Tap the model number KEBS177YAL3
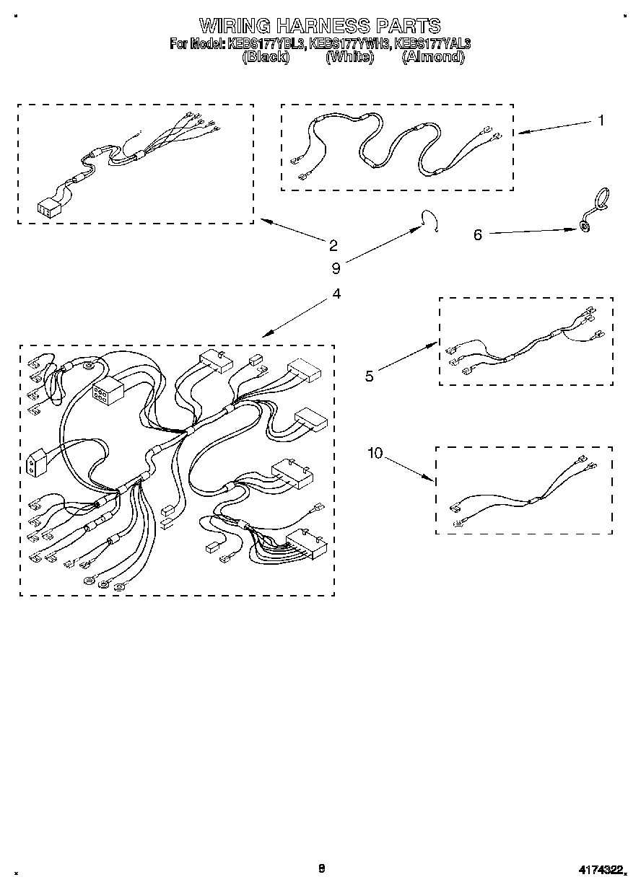pos(432,43)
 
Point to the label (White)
pos(350,56)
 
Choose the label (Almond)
pos(432,56)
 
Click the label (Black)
pos(266,56)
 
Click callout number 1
pos(601,120)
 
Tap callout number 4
pos(336,294)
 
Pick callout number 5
pos(370,376)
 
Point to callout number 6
pos(478,234)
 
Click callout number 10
pos(375,453)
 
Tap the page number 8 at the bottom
pos(322,868)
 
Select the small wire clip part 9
pos(431,221)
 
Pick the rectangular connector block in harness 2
pos(48,208)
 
